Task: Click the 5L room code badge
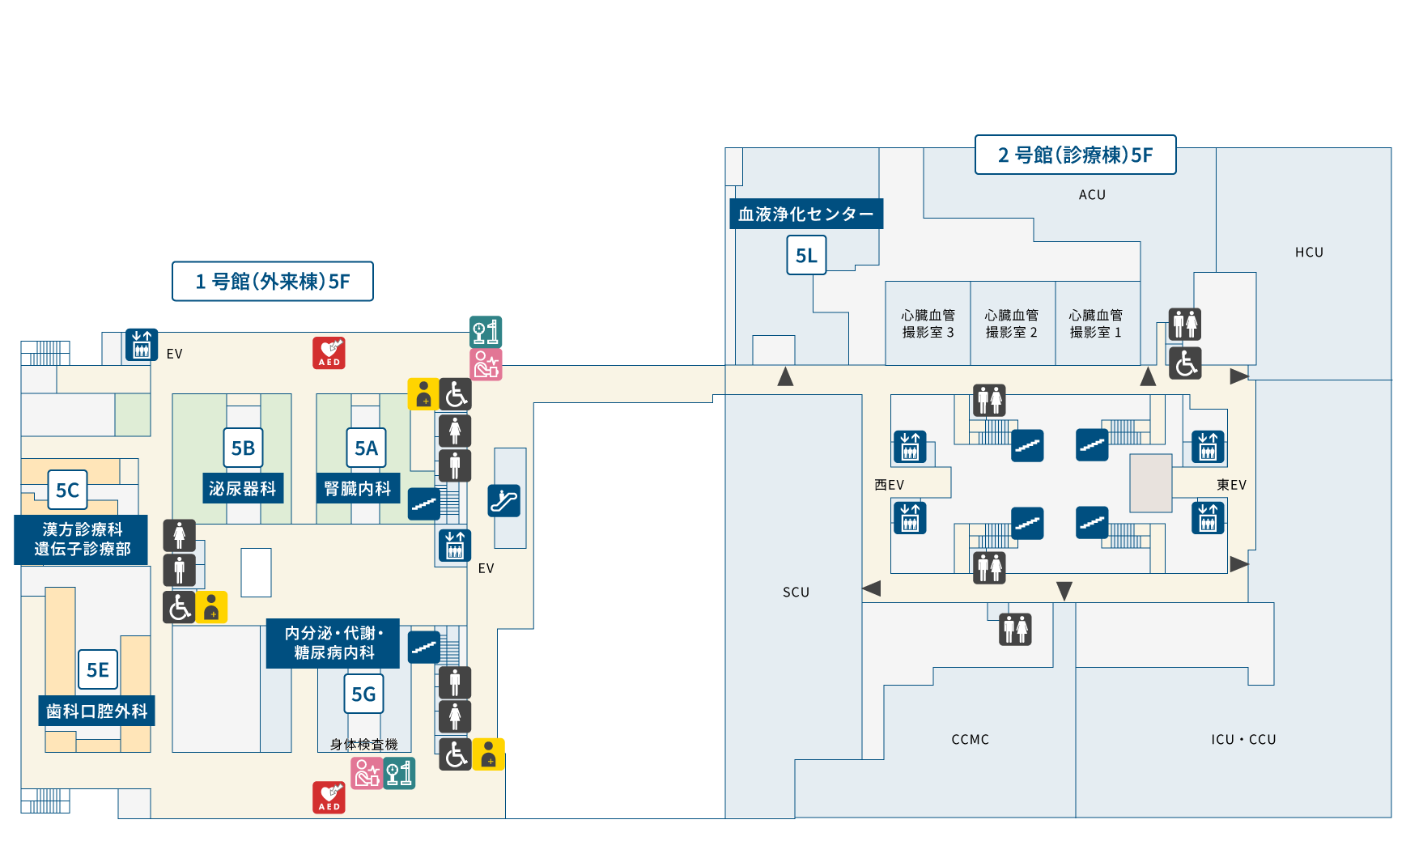(806, 255)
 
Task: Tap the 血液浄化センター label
(805, 214)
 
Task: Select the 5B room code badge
(243, 448)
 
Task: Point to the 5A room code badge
(366, 448)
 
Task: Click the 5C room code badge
(67, 490)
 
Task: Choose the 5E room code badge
(98, 669)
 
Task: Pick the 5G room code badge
(363, 694)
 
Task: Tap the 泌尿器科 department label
(243, 488)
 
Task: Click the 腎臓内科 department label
(357, 488)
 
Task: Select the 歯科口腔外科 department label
(96, 711)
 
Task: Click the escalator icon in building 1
(503, 500)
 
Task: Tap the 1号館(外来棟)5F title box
(273, 281)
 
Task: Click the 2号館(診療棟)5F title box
(1075, 155)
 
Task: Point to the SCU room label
(796, 592)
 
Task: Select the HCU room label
(1309, 253)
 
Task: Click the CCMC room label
(970, 739)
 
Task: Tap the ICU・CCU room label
(1243, 739)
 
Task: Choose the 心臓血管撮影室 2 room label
(1011, 324)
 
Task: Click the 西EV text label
(889, 485)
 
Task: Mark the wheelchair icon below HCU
(1185, 363)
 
